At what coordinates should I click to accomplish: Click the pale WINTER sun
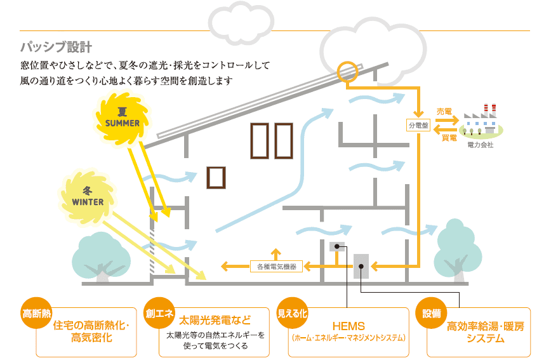tap(88, 196)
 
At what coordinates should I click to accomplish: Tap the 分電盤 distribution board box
tap(418, 125)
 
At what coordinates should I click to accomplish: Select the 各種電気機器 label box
tap(277, 267)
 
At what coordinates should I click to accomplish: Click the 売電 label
tap(444, 112)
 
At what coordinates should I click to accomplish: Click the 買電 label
tap(449, 138)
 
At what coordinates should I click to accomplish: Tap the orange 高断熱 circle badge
tap(37, 313)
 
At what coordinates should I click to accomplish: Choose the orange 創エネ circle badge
tap(159, 313)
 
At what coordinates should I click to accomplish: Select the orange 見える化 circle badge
tap(293, 313)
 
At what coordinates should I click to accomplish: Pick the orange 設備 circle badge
tap(431, 313)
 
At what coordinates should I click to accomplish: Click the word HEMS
tap(349, 326)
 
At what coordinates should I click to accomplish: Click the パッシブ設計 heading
tap(56, 47)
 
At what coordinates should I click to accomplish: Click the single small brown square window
tap(216, 178)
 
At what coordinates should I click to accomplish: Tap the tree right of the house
tap(458, 250)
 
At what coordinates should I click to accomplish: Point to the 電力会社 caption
tap(481, 145)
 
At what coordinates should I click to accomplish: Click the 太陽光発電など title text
tap(215, 320)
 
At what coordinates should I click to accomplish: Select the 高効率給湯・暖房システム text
tap(485, 332)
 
